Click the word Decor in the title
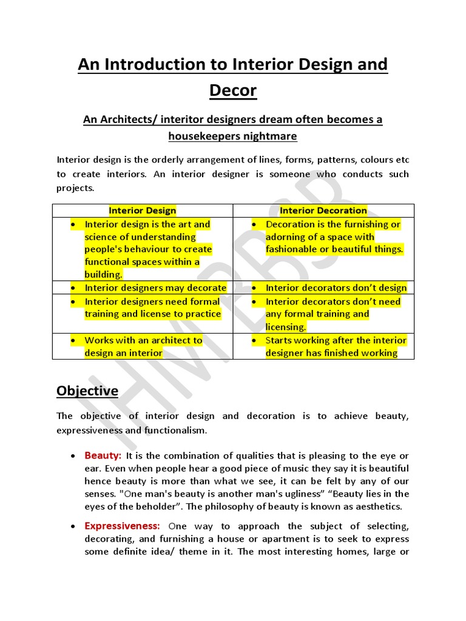click(233, 90)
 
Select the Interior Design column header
click(142, 210)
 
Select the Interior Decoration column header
click(323, 210)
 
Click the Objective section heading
click(87, 391)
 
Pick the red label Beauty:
click(103, 455)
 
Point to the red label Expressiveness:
click(122, 526)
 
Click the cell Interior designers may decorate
click(155, 288)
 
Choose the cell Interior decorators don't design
click(336, 288)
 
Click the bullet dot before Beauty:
click(73, 456)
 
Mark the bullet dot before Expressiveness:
click(73, 526)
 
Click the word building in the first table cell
click(103, 275)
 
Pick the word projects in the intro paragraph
click(75, 188)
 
